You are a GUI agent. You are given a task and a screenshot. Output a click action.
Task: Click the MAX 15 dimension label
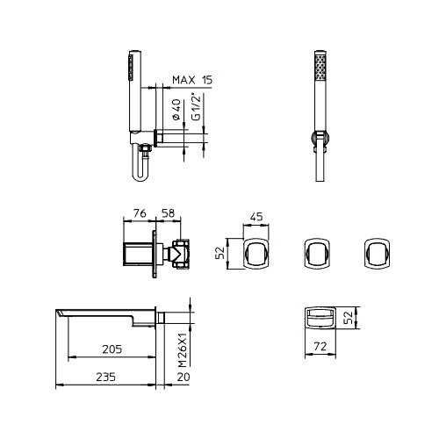pos(192,80)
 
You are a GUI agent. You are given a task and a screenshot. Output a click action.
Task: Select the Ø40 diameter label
pos(176,110)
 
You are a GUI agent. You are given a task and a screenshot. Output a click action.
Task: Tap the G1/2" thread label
pos(196,106)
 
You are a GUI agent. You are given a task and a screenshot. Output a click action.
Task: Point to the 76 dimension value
pos(140,213)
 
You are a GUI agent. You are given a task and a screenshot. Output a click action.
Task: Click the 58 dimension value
pos(168,213)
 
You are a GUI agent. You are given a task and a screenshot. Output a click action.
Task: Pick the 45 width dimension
pos(256,217)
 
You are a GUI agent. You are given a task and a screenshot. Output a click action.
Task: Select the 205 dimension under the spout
pos(112,349)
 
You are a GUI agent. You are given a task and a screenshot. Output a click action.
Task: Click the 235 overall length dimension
pos(105,377)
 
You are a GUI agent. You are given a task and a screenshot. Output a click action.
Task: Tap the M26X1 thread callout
pos(182,349)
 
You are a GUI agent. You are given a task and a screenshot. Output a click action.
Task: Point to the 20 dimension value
pos(184,377)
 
